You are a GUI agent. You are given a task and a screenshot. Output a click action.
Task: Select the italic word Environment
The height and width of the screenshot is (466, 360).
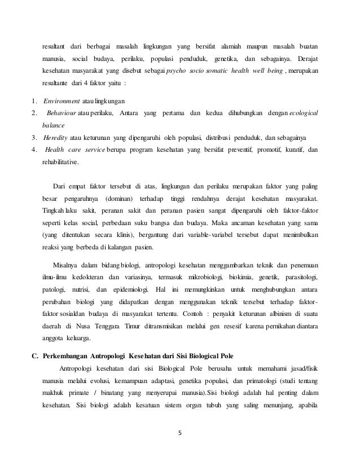62,101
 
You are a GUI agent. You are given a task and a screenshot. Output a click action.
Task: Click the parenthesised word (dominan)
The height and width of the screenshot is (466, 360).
121,199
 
